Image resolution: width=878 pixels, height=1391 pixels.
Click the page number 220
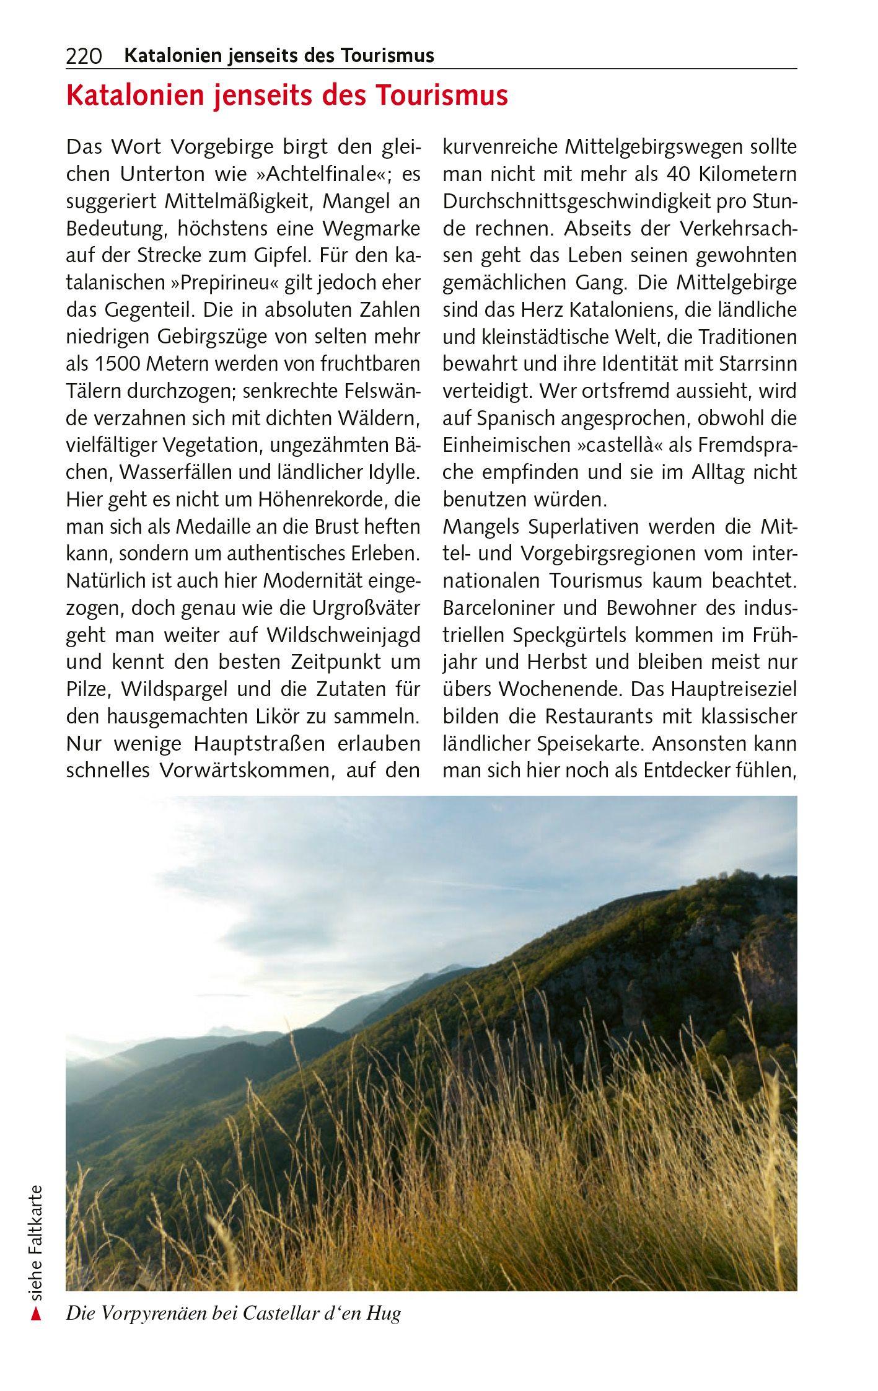click(x=84, y=56)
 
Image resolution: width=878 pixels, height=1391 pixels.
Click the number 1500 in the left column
click(x=116, y=364)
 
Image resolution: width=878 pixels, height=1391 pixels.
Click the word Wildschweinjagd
click(x=343, y=635)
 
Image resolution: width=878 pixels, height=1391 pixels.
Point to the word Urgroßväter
click(x=362, y=608)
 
